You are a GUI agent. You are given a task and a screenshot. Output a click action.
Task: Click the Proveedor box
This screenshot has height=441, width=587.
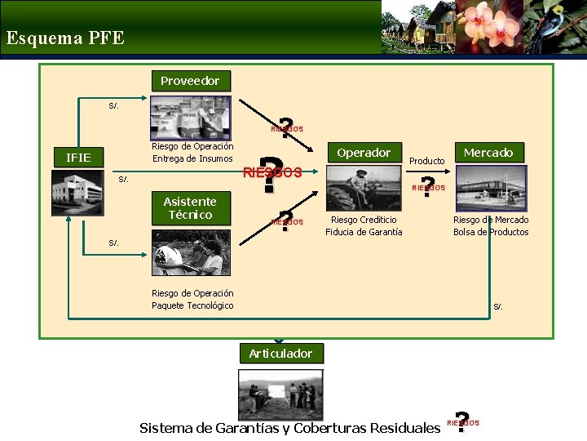click(x=190, y=81)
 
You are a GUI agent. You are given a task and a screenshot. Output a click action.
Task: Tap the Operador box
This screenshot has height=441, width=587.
click(x=364, y=153)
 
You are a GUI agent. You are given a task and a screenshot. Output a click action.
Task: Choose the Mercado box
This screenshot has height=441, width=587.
click(x=488, y=152)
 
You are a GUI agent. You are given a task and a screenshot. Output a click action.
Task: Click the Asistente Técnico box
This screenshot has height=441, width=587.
click(x=190, y=208)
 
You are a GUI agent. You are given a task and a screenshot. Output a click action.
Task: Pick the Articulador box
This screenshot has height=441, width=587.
click(x=280, y=353)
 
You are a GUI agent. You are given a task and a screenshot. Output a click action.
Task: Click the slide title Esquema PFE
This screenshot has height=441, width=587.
click(x=65, y=38)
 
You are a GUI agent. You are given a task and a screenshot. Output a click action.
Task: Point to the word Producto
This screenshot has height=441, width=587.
click(x=426, y=161)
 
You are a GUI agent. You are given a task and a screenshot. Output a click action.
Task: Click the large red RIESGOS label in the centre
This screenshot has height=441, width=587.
click(x=273, y=173)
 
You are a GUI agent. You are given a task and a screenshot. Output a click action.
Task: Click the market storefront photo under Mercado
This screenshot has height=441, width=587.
click(x=490, y=188)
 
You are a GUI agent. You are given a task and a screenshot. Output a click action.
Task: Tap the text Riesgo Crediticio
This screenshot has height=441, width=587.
click(x=364, y=220)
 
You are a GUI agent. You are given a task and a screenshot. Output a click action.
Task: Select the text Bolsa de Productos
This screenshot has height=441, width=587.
click(x=491, y=232)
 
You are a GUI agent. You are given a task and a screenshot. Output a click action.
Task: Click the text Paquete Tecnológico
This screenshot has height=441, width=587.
click(x=192, y=305)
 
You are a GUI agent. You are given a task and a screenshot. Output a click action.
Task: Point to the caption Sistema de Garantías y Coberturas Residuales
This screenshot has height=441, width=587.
click(x=289, y=428)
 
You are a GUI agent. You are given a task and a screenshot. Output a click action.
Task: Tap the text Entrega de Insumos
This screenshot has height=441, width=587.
click(x=192, y=158)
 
